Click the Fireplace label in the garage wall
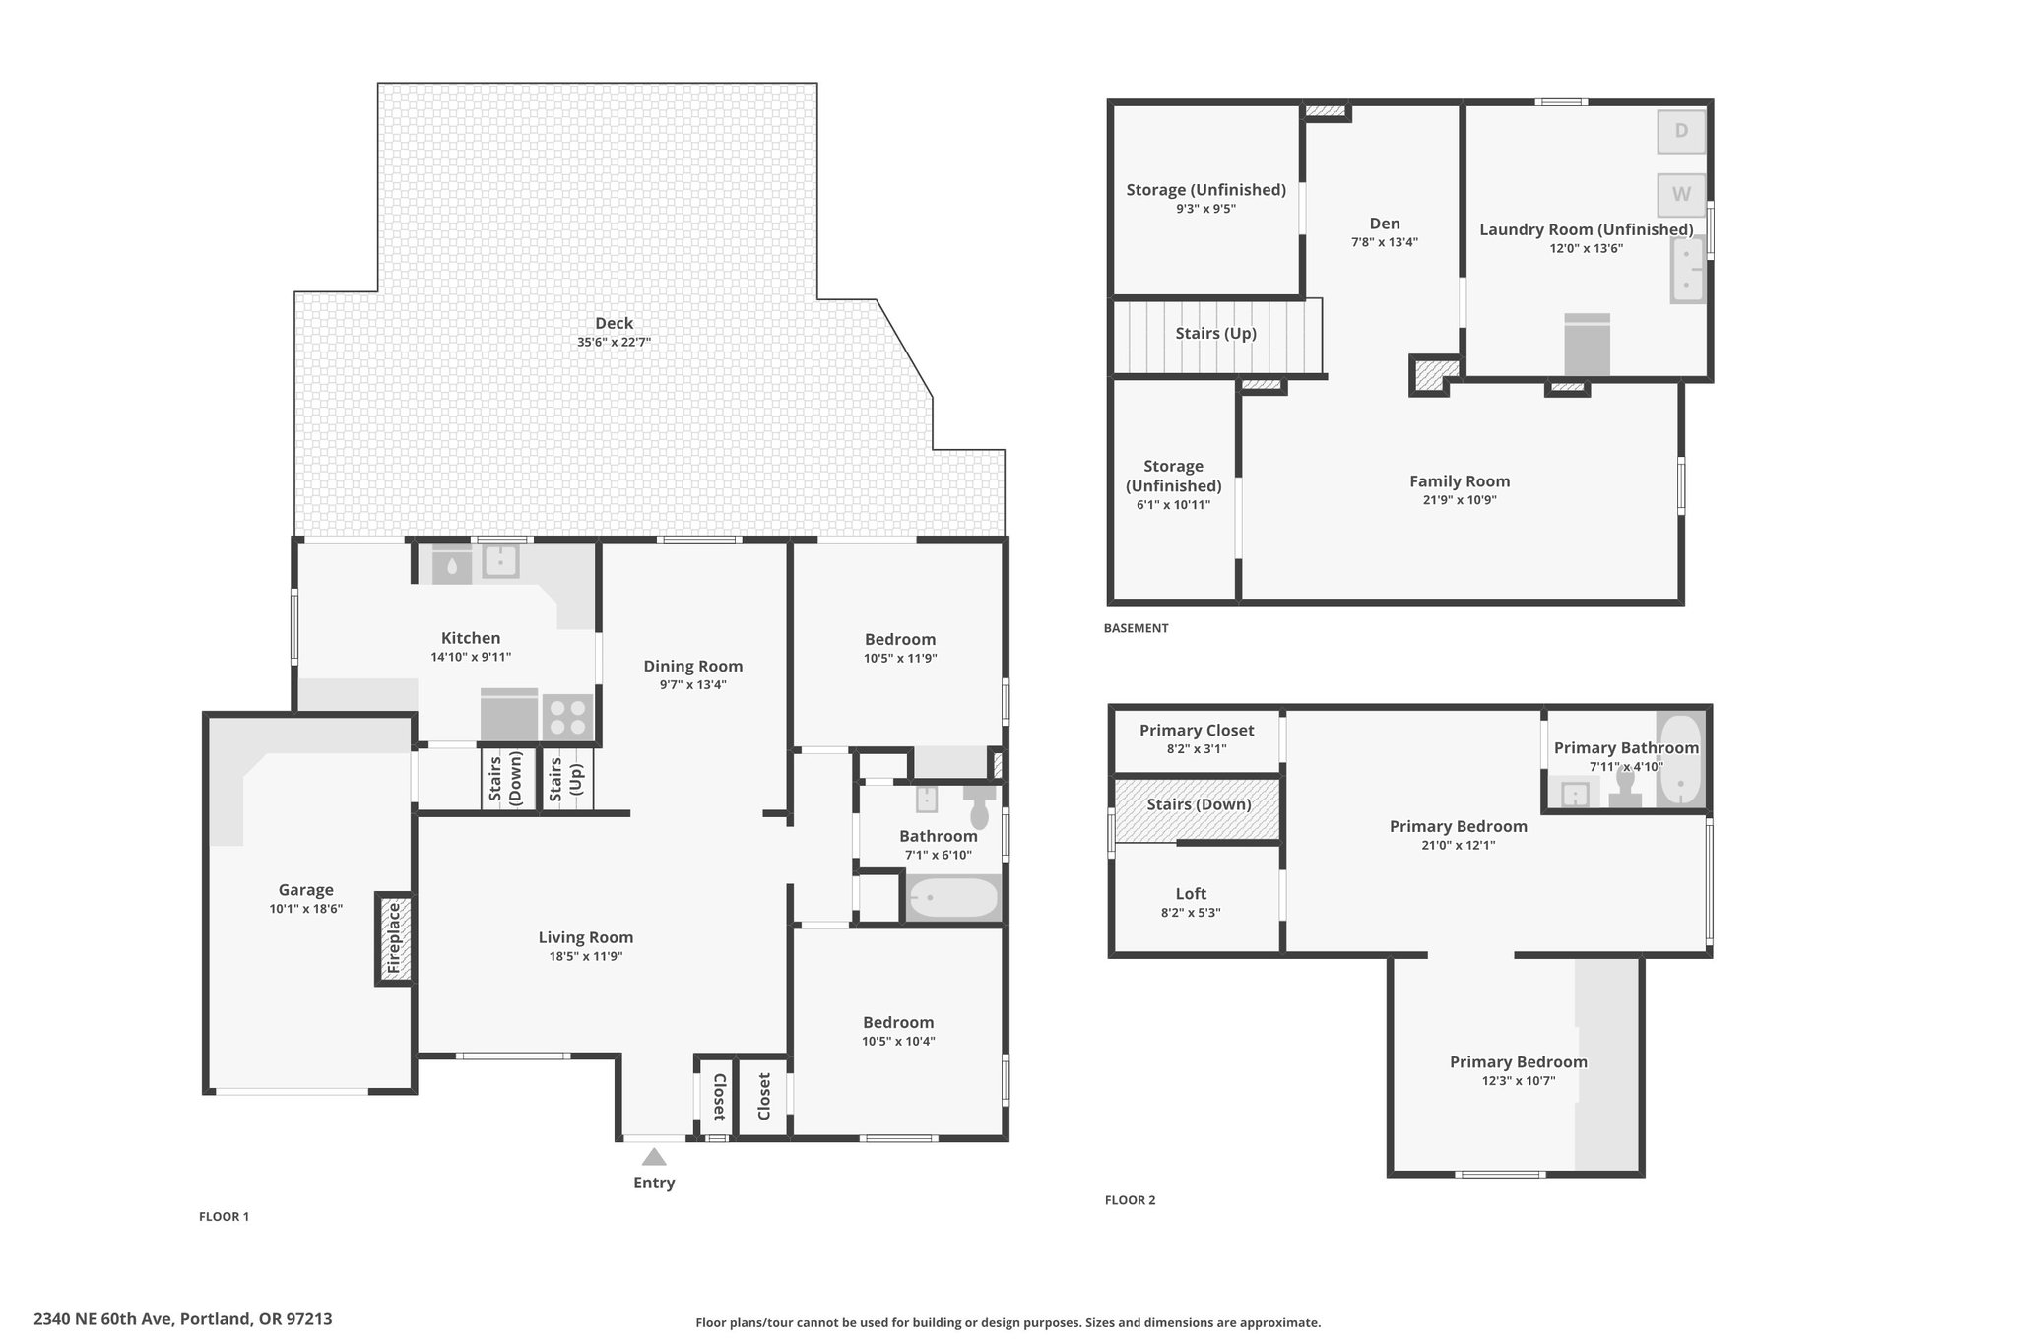(x=394, y=938)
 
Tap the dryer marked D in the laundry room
(x=1681, y=131)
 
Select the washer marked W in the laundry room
(x=1681, y=194)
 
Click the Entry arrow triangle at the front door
(x=654, y=1156)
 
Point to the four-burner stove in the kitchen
(x=567, y=716)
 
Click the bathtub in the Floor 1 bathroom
(x=953, y=898)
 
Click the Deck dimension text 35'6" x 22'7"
(x=615, y=343)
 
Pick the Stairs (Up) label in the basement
(x=1215, y=333)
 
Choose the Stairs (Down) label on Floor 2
(x=1199, y=804)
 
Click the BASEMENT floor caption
(x=1136, y=628)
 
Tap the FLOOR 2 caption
(x=1130, y=1200)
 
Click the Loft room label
(x=1191, y=894)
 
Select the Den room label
(x=1384, y=224)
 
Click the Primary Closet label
(x=1197, y=731)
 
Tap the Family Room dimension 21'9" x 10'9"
(x=1460, y=500)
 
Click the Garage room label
(x=305, y=890)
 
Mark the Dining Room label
(x=693, y=667)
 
